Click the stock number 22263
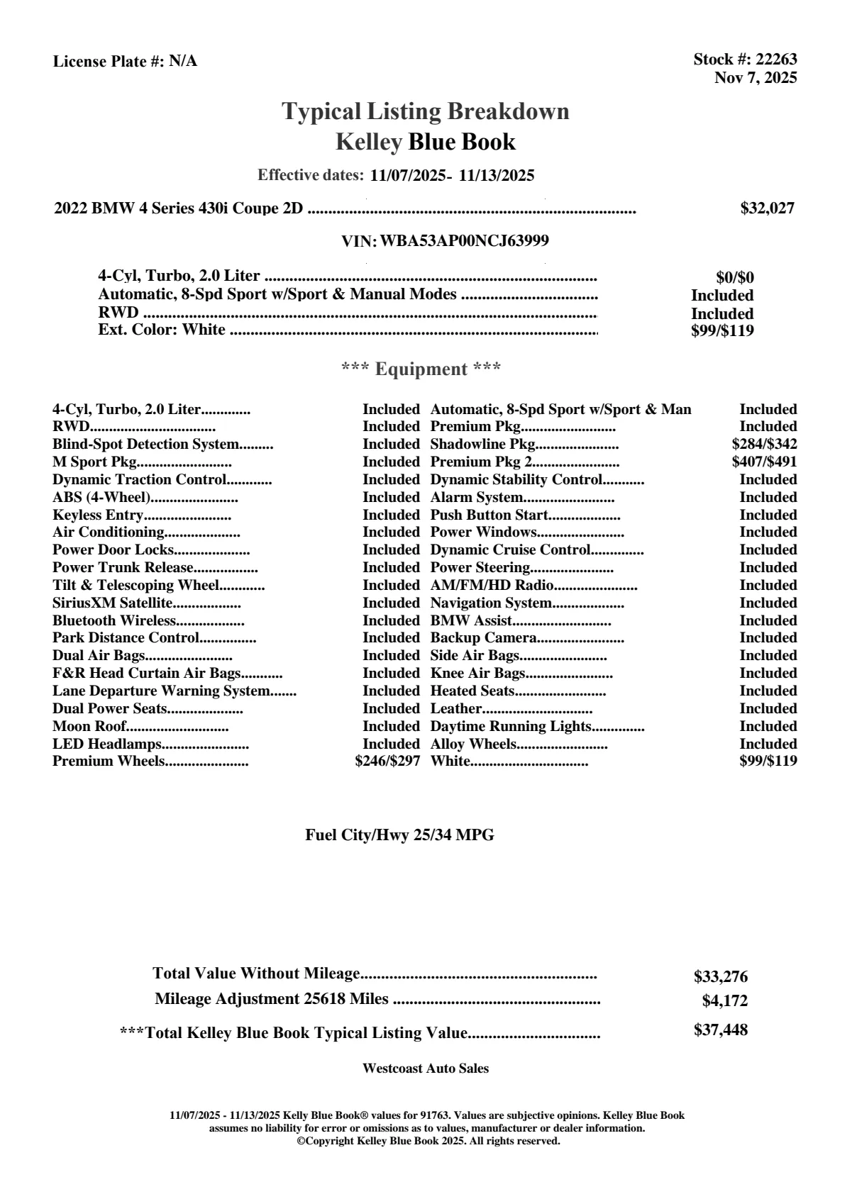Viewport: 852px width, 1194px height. (776, 60)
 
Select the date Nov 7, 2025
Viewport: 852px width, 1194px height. (755, 77)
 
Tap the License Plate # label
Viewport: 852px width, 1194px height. (109, 62)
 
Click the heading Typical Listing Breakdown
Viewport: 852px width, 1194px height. (426, 111)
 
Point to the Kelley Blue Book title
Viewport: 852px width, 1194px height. (426, 142)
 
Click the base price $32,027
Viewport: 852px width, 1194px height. (767, 208)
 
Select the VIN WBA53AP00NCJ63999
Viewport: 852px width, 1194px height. (465, 241)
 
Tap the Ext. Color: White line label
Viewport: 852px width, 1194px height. (162, 330)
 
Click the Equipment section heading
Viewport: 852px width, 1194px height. (421, 369)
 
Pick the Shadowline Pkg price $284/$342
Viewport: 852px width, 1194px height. (764, 445)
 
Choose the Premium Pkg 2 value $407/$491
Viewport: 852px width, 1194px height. (764, 462)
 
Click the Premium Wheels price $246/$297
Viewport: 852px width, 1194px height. (387, 761)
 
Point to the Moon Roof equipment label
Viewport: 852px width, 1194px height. (89, 726)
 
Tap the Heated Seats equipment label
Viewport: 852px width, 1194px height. (472, 691)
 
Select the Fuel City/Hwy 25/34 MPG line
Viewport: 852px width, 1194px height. (399, 835)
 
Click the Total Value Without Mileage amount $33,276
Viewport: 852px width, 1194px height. (721, 977)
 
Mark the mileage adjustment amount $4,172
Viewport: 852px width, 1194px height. (725, 1001)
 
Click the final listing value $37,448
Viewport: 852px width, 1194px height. (721, 1030)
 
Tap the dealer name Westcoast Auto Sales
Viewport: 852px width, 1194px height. (426, 1069)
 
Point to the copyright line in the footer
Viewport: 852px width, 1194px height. (428, 1142)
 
